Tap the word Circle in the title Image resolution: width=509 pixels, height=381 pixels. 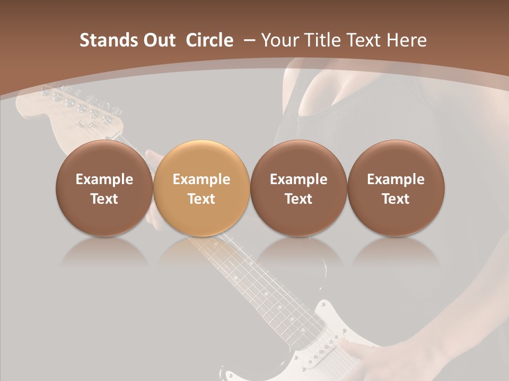tap(209, 40)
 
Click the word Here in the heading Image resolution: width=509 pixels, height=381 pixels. tap(407, 40)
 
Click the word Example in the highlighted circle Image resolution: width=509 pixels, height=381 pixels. tap(201, 179)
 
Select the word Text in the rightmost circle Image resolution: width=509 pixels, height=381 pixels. tap(396, 199)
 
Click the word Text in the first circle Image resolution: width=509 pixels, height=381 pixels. tap(104, 199)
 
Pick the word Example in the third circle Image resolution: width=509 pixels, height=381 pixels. tap(299, 179)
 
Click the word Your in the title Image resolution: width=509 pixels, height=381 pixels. tap(279, 40)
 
